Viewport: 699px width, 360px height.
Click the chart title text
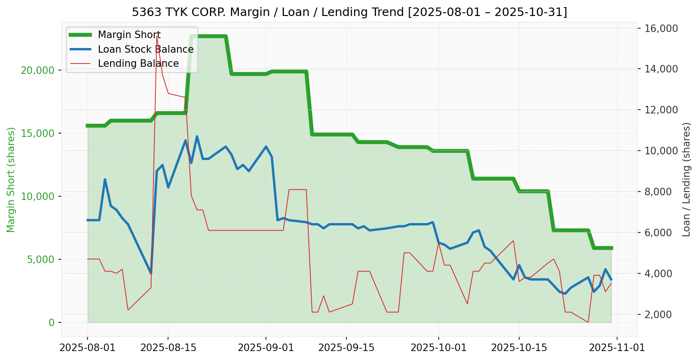click(x=349, y=12)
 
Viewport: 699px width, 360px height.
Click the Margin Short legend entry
click(x=129, y=35)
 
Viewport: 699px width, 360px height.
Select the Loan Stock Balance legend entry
click(x=145, y=49)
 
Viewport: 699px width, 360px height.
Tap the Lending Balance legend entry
click(x=138, y=64)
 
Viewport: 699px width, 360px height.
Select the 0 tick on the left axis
click(x=52, y=322)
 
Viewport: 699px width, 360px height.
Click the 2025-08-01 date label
click(x=88, y=348)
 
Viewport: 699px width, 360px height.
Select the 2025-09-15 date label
click(x=346, y=348)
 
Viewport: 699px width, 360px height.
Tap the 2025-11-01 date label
click(x=617, y=348)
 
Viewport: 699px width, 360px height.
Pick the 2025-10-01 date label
click(x=439, y=348)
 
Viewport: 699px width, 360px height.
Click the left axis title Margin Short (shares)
click(x=11, y=180)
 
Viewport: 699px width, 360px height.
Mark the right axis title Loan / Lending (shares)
click(x=687, y=180)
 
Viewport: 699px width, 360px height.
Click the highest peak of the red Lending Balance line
click(x=157, y=36)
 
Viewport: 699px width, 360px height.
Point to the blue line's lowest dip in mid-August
click(x=151, y=273)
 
